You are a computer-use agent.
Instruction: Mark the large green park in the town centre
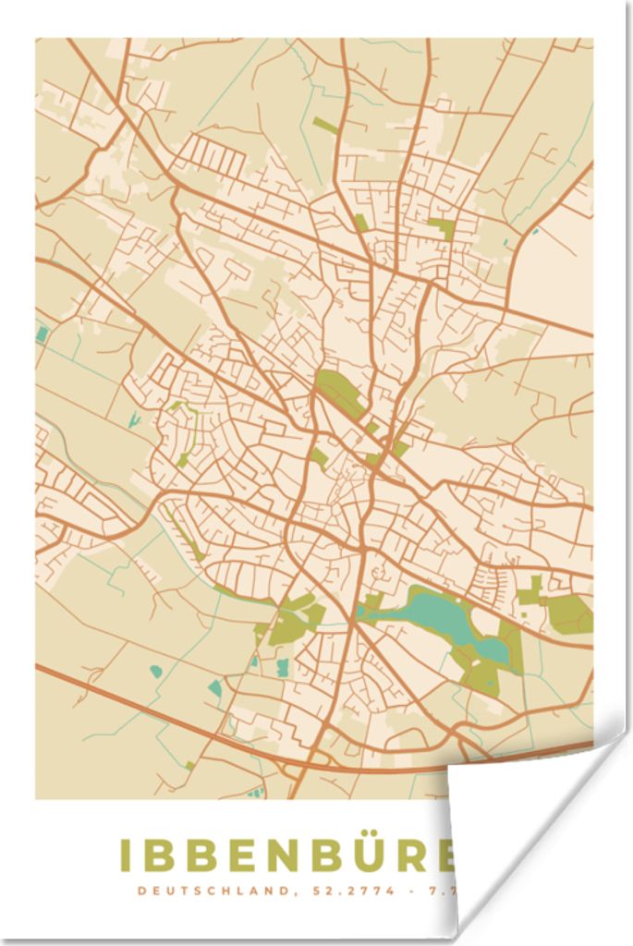click(338, 392)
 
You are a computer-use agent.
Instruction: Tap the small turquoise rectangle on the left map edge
click(43, 334)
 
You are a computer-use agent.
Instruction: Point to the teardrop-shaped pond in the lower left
click(155, 671)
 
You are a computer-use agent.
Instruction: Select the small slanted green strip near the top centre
click(325, 125)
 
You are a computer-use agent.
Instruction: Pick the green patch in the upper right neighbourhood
click(443, 226)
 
